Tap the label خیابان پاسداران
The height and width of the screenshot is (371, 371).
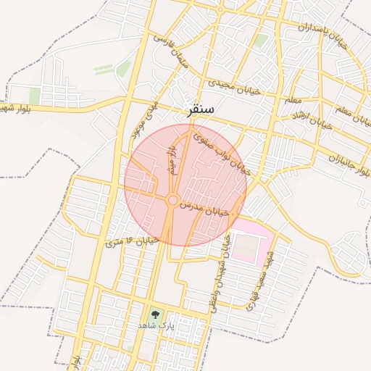tap(314, 27)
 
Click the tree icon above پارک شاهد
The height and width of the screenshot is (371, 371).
tap(154, 315)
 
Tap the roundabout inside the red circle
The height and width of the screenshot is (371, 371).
tap(172, 200)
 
